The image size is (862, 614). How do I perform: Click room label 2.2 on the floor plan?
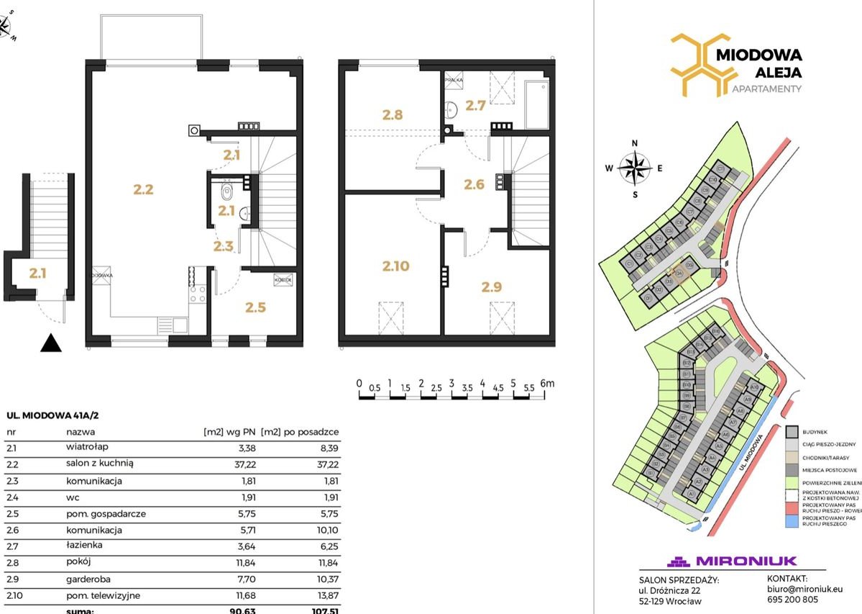tap(144, 190)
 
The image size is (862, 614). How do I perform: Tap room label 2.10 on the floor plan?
tap(395, 266)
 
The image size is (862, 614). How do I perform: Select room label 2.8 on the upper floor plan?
tap(392, 114)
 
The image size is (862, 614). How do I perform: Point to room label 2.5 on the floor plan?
tap(255, 307)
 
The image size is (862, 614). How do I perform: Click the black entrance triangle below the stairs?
tap(50, 343)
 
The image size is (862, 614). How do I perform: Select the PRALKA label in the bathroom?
tap(453, 81)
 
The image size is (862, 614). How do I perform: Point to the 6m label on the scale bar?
tap(547, 384)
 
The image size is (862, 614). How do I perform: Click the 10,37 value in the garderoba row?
tap(326, 579)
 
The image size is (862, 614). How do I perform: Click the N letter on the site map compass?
tap(635, 143)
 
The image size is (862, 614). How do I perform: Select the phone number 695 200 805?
tap(792, 599)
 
